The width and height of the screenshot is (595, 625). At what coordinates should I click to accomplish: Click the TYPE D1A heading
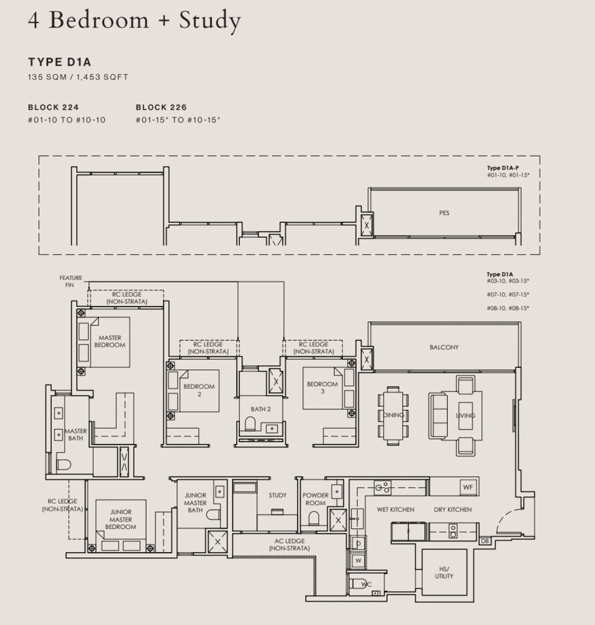tap(59, 62)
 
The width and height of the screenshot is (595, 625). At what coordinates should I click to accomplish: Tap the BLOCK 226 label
tap(161, 107)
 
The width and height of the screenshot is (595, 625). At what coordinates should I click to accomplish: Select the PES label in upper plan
tap(444, 213)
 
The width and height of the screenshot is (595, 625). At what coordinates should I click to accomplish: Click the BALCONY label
tap(444, 347)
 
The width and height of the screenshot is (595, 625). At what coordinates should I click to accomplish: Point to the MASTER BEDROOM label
tap(110, 341)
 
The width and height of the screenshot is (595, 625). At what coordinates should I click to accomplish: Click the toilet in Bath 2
tap(250, 424)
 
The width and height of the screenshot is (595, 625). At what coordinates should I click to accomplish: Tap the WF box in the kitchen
tap(468, 487)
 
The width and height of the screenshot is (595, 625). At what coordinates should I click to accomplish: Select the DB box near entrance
tap(485, 541)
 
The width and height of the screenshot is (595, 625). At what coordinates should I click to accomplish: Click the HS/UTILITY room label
tap(444, 572)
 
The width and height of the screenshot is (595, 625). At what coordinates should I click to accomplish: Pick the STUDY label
tap(277, 495)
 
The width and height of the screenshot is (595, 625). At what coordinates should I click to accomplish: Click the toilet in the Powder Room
tap(314, 518)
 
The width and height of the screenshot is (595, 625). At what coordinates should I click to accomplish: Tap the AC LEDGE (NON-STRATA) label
tap(289, 545)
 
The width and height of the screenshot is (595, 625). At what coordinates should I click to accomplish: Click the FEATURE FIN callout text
tap(71, 281)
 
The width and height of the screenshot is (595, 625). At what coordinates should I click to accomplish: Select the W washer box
tap(358, 560)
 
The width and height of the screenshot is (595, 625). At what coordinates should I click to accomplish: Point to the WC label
tap(367, 584)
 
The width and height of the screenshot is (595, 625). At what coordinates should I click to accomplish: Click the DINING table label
tap(393, 415)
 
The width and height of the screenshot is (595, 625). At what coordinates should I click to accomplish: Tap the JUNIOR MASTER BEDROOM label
tap(121, 519)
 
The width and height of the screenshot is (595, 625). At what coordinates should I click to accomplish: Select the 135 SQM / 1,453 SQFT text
tap(78, 77)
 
